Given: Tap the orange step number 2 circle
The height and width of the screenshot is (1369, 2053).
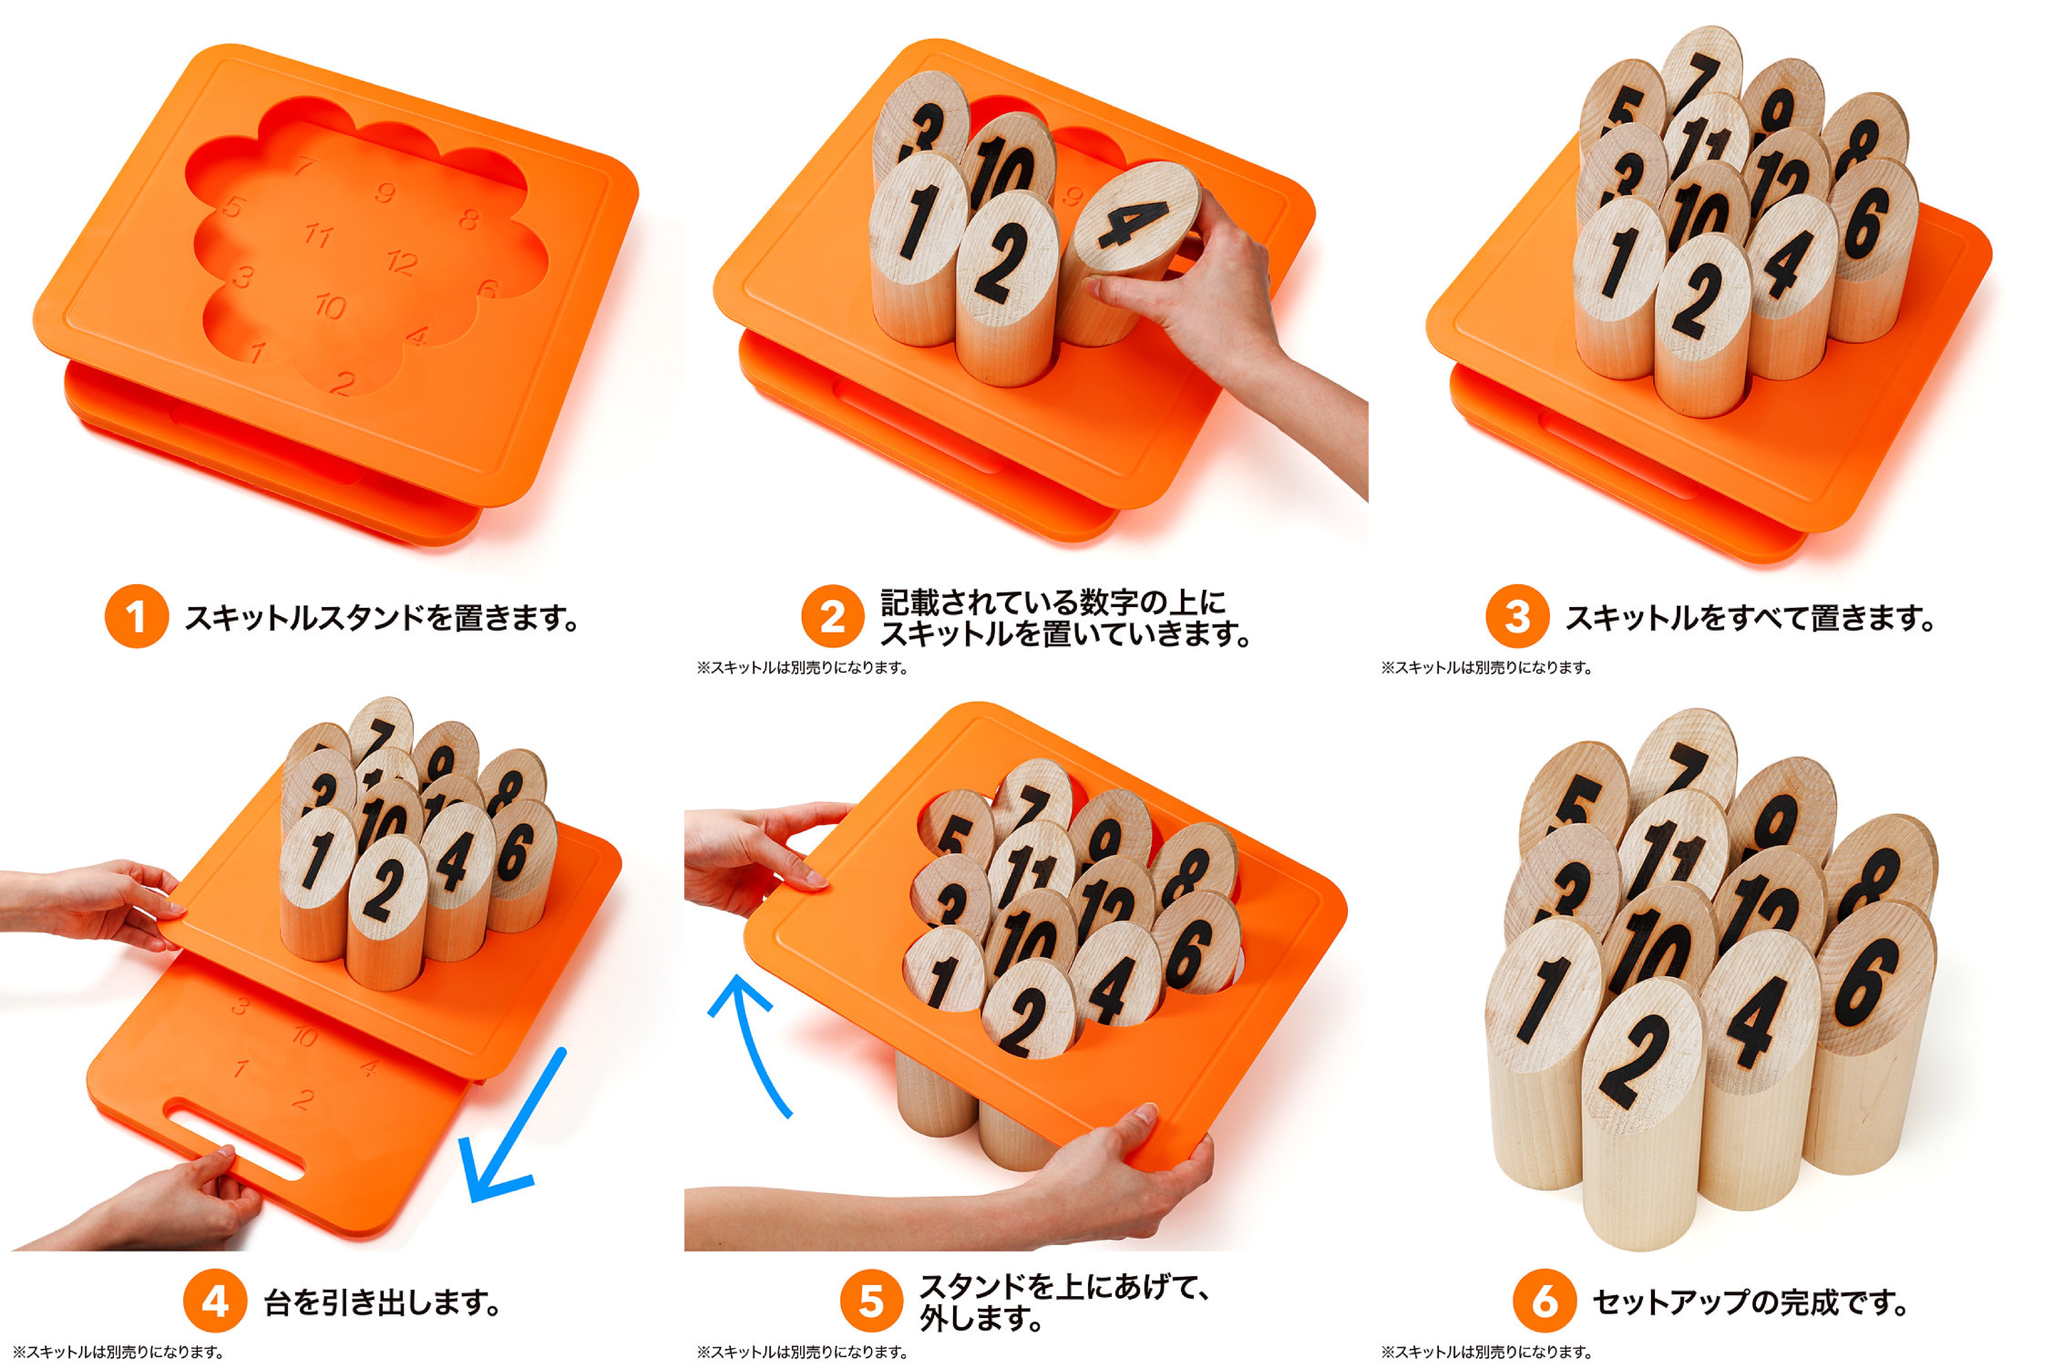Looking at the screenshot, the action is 833,616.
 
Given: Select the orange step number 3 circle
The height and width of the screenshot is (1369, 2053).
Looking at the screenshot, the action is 1517,616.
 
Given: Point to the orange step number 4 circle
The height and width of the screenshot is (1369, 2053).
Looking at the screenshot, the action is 215,1301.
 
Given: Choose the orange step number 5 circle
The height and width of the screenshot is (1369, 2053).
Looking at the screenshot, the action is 871,1301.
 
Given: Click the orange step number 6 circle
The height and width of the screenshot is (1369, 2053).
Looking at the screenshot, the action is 1544,1301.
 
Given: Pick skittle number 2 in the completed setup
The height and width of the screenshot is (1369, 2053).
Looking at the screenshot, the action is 1641,1109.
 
